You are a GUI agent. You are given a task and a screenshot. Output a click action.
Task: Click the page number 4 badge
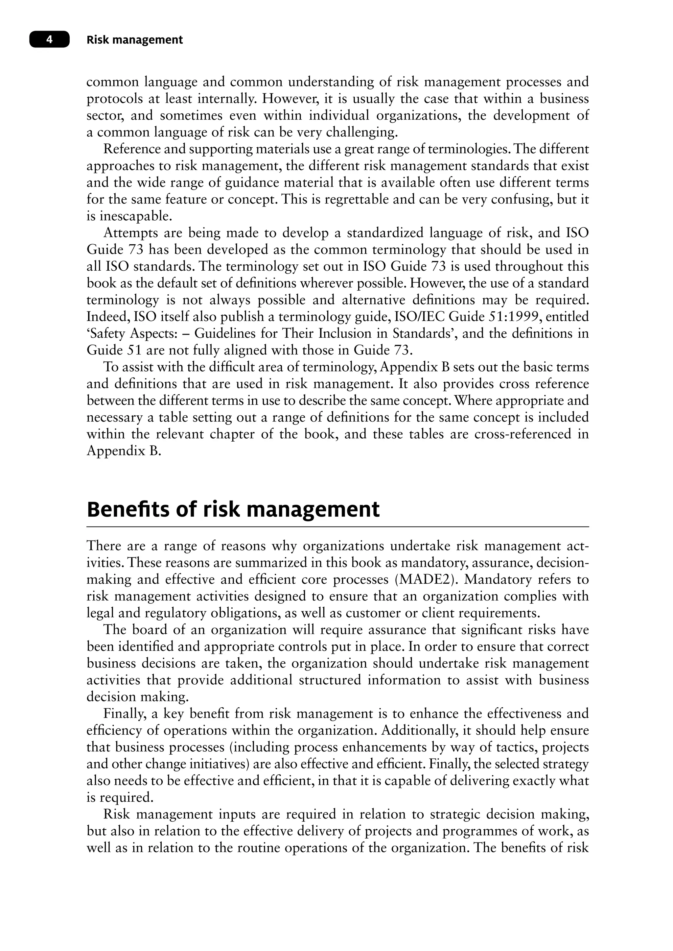tap(49, 40)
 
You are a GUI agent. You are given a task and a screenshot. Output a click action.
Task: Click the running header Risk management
tap(134, 40)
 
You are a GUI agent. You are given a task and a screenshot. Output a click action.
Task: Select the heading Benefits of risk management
tap(233, 510)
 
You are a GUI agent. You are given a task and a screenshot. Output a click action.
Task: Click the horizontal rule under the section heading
tap(337, 527)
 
